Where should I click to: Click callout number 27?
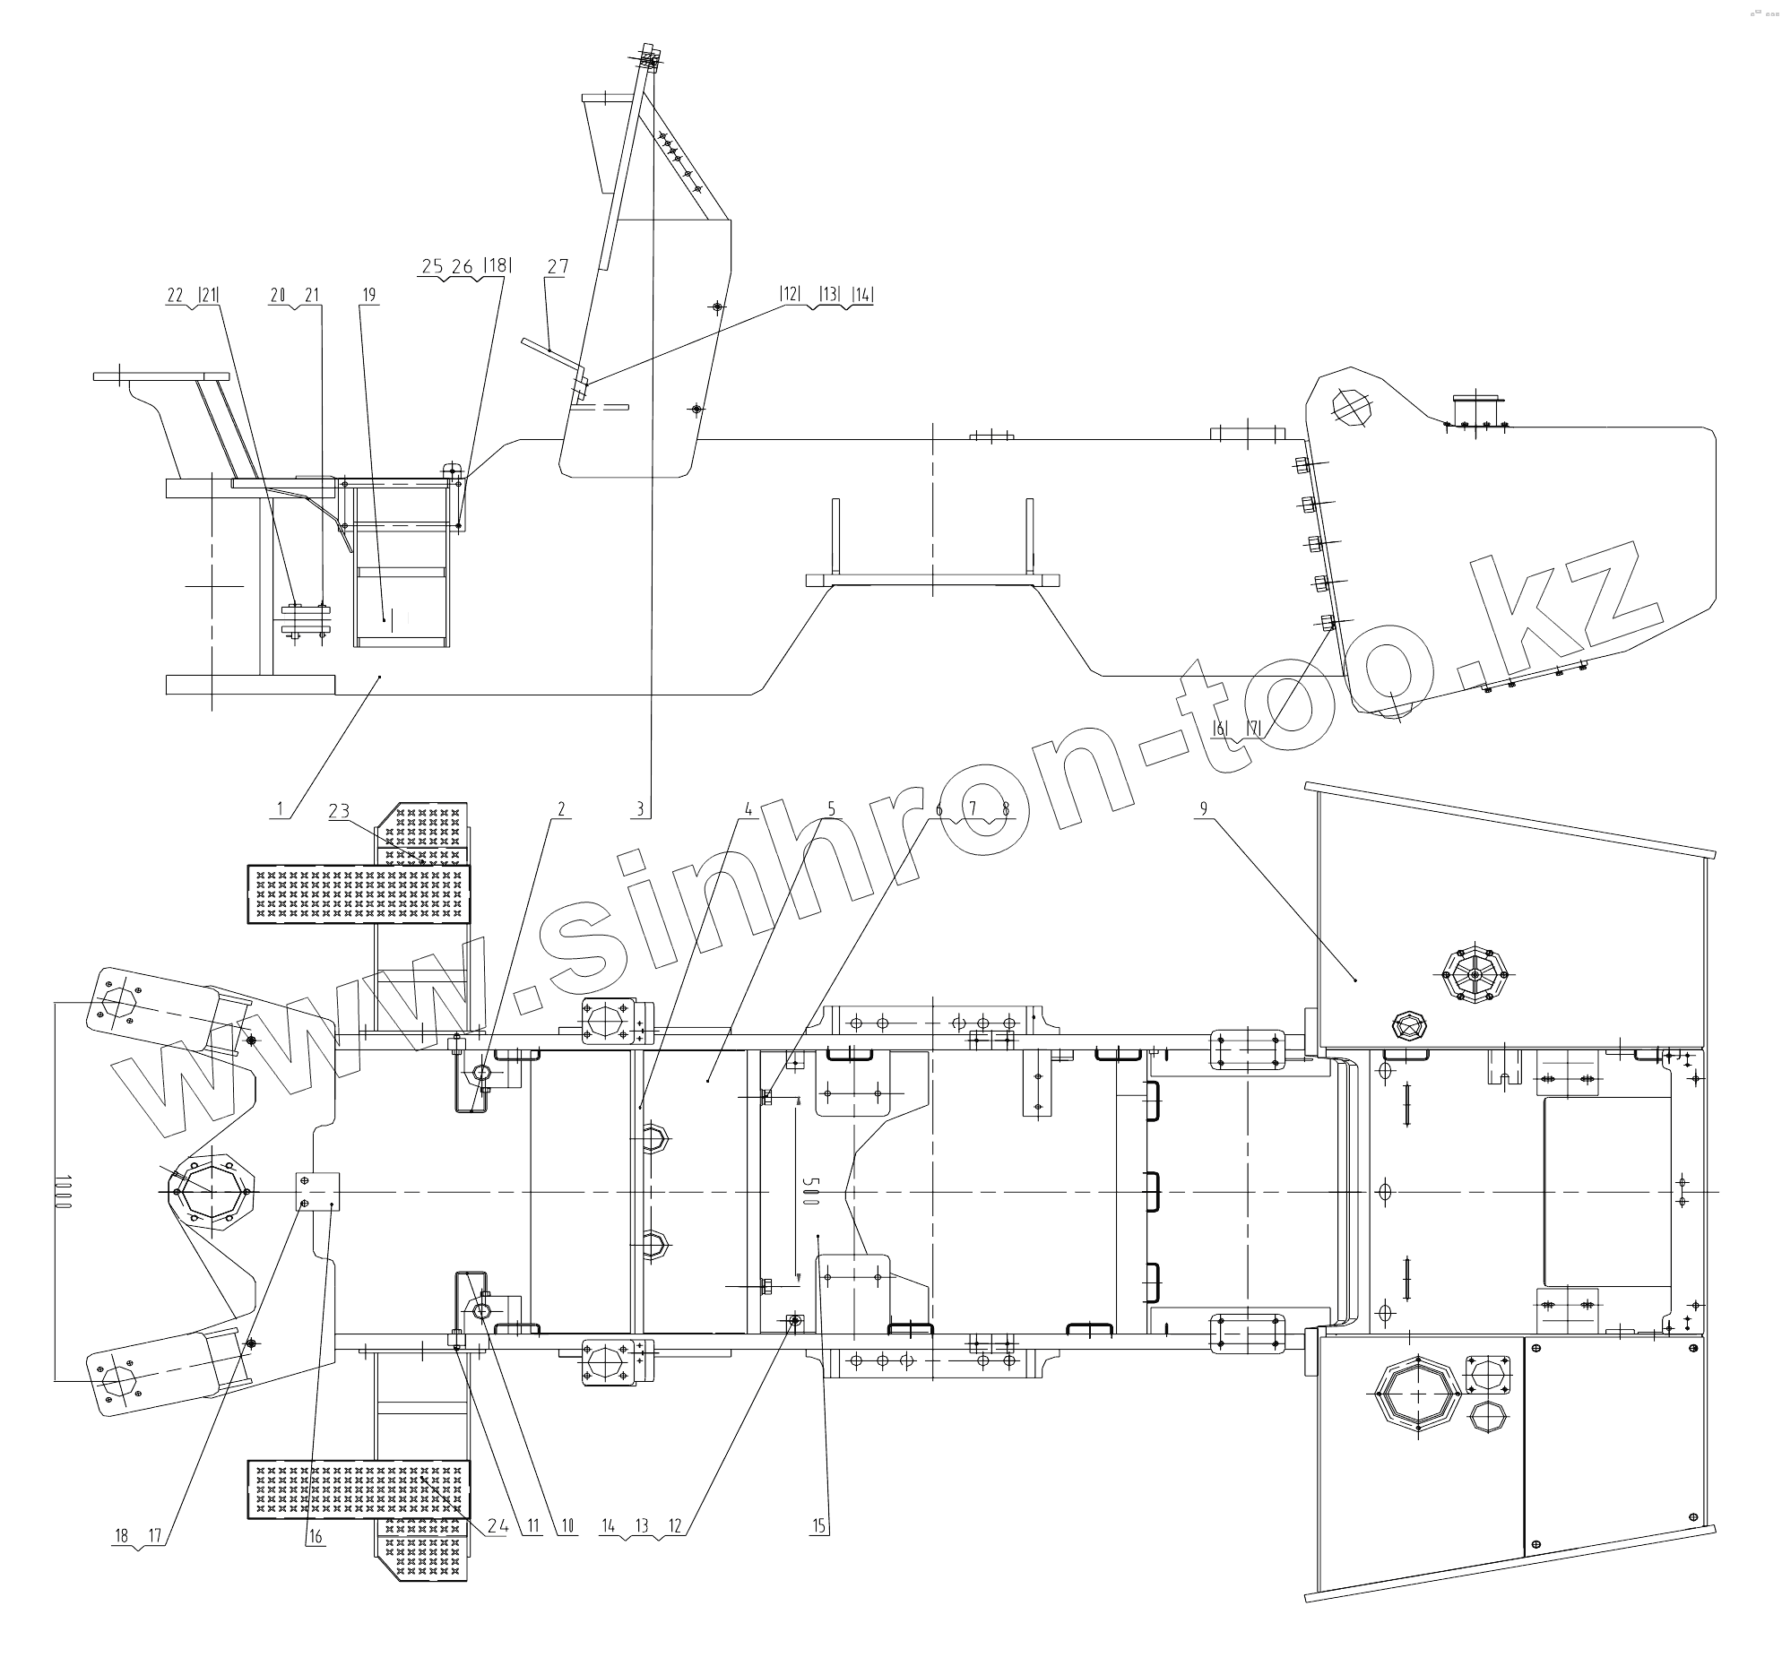[558, 267]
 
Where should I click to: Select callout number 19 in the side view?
[369, 295]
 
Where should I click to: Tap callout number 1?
[281, 808]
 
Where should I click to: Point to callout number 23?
[339, 811]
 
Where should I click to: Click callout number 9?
[1203, 808]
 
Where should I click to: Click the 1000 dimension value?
[62, 1192]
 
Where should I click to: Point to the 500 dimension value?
[809, 1190]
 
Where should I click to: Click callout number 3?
[639, 808]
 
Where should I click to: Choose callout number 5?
[831, 808]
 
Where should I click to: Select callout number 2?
[561, 808]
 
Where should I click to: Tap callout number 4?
[748, 808]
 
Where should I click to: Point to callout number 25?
[432, 266]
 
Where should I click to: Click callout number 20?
[278, 295]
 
